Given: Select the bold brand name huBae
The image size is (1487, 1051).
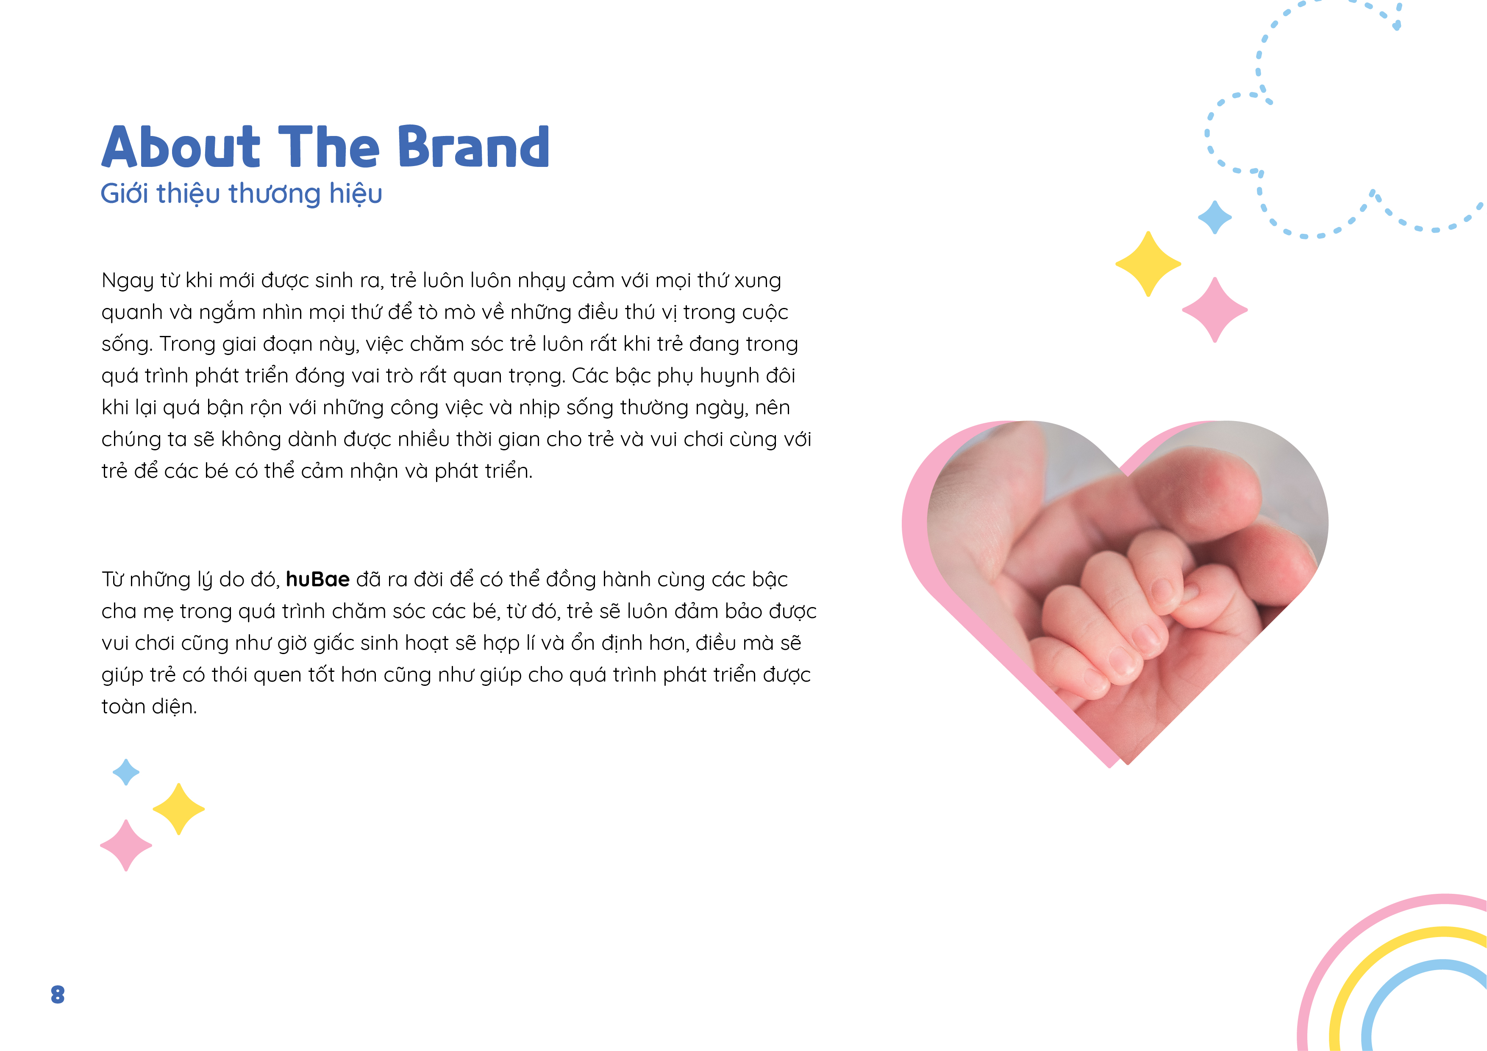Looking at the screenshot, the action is tap(317, 579).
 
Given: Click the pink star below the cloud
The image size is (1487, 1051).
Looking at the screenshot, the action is tap(1215, 310).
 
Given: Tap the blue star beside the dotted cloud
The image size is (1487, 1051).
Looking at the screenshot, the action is tap(1215, 217).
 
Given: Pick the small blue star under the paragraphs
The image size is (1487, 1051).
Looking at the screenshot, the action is tap(126, 772).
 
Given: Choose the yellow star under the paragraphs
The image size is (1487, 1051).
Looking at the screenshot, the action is tap(179, 809).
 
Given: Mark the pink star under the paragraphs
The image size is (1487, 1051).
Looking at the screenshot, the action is tap(126, 846).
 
